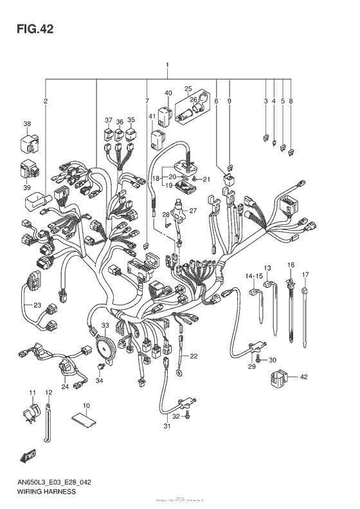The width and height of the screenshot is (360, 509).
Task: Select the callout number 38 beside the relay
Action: point(27,124)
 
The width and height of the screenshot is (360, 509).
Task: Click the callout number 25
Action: point(188,89)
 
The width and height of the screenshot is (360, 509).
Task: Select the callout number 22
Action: point(194,356)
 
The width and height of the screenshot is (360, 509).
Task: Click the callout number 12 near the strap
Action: point(49,392)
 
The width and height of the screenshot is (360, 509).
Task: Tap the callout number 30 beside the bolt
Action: point(272,359)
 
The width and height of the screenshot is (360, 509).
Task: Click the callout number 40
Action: point(168,93)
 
